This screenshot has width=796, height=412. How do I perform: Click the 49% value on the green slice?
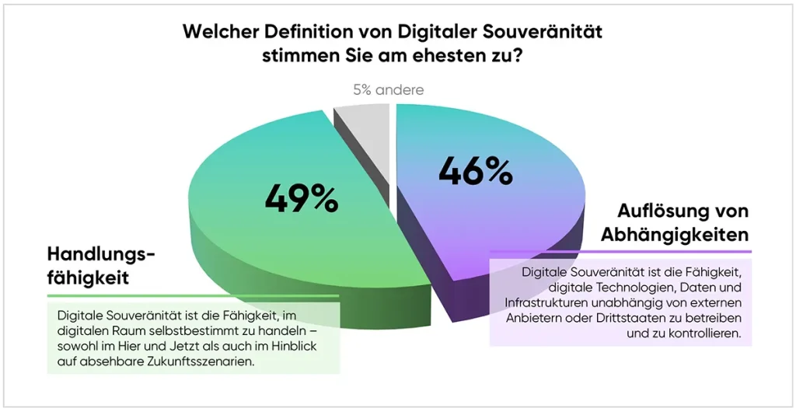(x=302, y=198)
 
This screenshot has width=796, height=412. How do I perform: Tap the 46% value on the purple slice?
(x=476, y=169)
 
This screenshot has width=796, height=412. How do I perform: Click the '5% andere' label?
(x=388, y=90)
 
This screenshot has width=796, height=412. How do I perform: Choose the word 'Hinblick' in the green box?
(x=305, y=346)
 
